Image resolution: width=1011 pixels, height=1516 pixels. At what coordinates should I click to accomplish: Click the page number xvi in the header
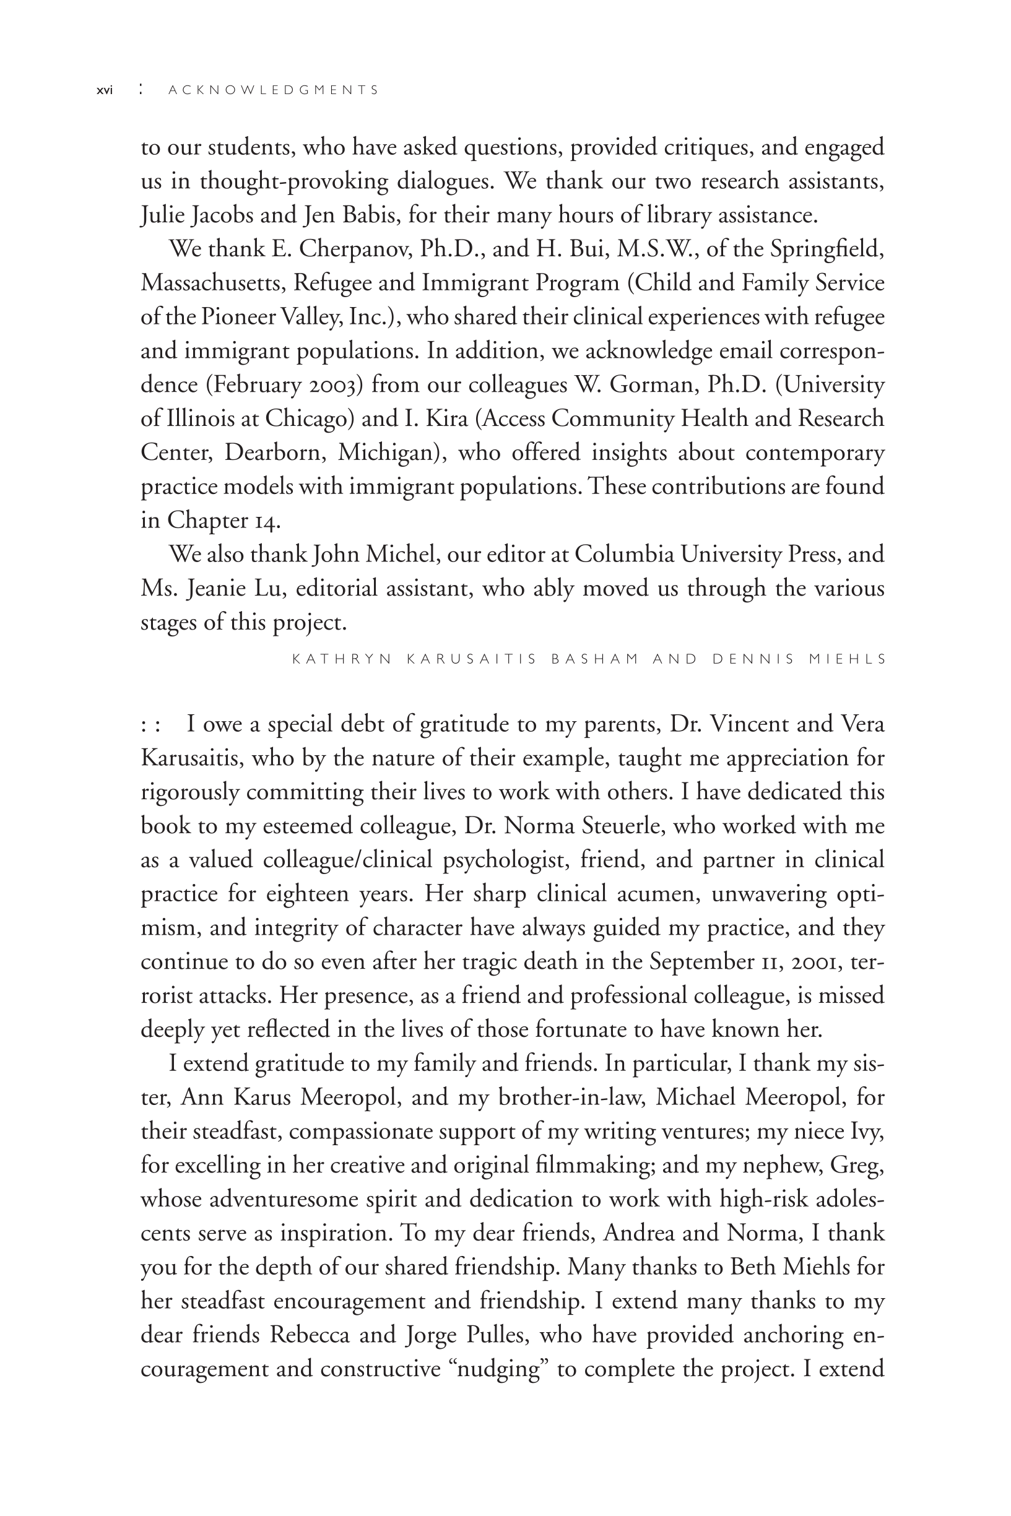tap(104, 90)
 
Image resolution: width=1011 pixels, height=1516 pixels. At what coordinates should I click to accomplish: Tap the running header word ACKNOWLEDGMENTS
tap(274, 90)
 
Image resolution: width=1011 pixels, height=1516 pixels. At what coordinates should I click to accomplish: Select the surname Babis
tap(368, 215)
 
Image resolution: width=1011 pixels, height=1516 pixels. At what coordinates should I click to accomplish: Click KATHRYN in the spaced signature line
tap(342, 659)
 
